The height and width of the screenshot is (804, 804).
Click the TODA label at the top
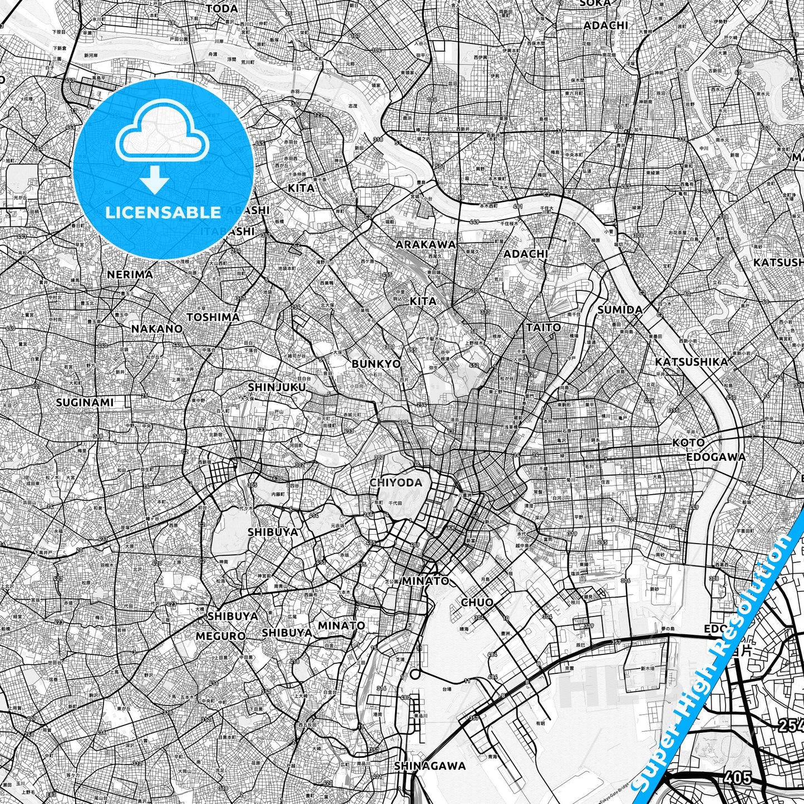(x=221, y=8)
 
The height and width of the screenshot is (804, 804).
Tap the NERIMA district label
(x=130, y=274)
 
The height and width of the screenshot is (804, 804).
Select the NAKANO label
(x=156, y=328)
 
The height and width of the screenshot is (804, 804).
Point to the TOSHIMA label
(x=213, y=317)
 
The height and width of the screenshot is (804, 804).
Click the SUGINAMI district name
(x=85, y=402)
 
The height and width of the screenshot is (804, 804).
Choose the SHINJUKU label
(x=277, y=387)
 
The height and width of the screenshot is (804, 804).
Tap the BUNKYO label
(x=376, y=364)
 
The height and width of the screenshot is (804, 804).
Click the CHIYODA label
(x=396, y=482)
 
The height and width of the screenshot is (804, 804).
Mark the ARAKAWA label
(x=426, y=244)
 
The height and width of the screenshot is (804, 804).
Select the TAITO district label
(x=543, y=327)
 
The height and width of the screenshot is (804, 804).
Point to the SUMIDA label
(x=620, y=310)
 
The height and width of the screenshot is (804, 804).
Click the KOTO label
(x=688, y=443)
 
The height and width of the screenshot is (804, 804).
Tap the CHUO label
(x=477, y=602)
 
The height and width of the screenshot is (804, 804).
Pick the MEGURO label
(x=221, y=635)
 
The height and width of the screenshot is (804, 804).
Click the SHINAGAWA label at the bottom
(x=430, y=766)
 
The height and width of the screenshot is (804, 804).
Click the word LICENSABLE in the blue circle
(x=163, y=212)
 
